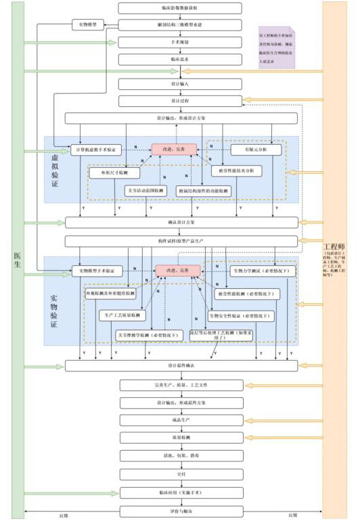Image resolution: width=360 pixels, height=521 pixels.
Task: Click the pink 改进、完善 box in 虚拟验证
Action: coord(174,149)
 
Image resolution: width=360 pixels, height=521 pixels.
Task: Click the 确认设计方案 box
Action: coord(181,222)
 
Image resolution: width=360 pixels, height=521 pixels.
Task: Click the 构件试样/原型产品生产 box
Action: coord(181,241)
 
